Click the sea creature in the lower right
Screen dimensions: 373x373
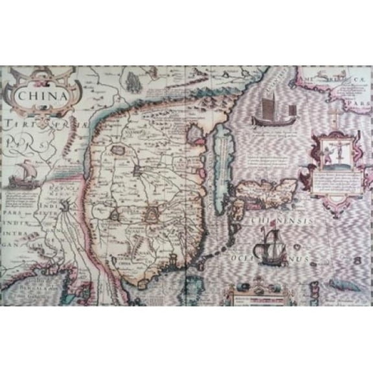(x=341, y=284)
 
